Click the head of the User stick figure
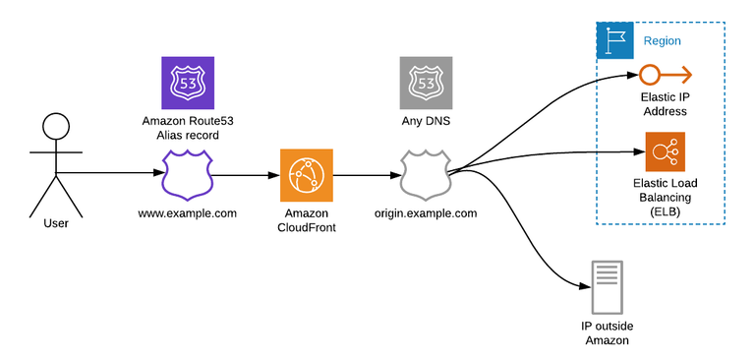coord(56,127)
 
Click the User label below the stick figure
coord(56,223)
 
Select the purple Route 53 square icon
coord(188,83)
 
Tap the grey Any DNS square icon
coord(426,83)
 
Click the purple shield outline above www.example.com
coord(188,175)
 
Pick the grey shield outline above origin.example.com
coord(426,175)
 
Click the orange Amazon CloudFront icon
coord(306,176)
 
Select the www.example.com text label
coord(187,212)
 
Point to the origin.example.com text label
coord(426,212)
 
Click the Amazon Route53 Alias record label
coord(188,127)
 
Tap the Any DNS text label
coord(426,121)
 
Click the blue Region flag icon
coord(615,40)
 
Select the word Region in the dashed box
coord(662,41)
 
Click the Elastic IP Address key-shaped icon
coord(665,75)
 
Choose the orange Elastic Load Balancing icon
coord(665,151)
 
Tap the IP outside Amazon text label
coord(605,332)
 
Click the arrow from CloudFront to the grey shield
coord(364,176)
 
